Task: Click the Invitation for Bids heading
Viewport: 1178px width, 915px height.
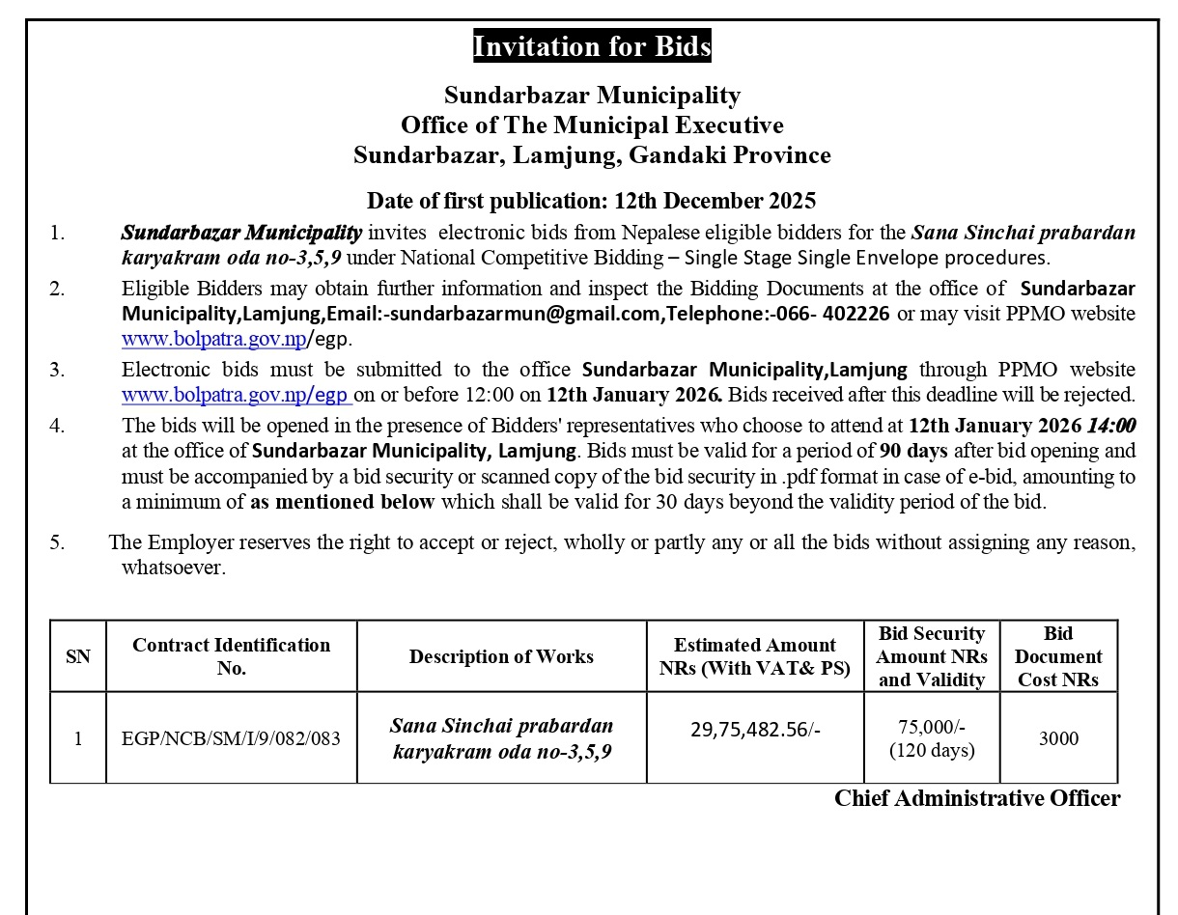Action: tap(591, 46)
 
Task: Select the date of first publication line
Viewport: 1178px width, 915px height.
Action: tap(591, 201)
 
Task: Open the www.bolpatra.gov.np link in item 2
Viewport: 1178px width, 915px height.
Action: tap(213, 339)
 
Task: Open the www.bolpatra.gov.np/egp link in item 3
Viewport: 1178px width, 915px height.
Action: tap(236, 395)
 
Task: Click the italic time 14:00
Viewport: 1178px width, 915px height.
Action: tap(1111, 426)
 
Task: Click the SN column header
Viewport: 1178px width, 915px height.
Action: tap(78, 656)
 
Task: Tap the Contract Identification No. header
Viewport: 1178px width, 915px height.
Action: tap(231, 656)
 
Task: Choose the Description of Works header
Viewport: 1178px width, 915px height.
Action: tap(501, 656)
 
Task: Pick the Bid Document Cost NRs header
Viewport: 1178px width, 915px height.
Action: tap(1058, 656)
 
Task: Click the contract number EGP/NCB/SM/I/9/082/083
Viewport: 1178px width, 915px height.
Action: tap(231, 739)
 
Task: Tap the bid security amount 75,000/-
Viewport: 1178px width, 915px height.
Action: tap(932, 728)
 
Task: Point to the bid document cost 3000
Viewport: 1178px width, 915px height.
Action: tap(1058, 739)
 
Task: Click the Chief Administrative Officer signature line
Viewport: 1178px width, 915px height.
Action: tap(977, 798)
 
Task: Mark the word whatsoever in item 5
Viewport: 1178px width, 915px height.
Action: tap(173, 568)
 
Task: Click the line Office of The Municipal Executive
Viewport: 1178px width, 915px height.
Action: tap(591, 125)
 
